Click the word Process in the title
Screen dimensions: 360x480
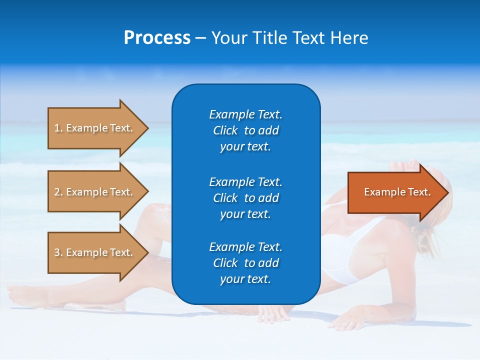157,38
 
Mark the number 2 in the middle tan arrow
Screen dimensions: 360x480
57,192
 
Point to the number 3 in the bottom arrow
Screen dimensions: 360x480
57,252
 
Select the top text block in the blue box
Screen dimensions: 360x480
245,130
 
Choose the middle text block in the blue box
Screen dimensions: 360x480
245,198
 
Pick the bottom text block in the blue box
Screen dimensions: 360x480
245,263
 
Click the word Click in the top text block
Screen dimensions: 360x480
225,130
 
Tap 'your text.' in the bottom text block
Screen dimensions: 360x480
245,279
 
